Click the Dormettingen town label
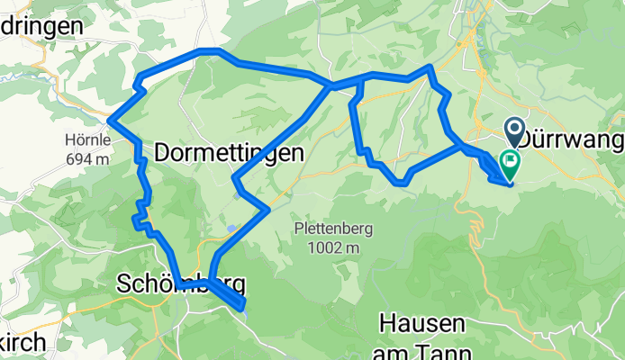[229, 154]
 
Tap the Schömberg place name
[181, 284]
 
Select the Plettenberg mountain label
[328, 229]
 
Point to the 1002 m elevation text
[329, 247]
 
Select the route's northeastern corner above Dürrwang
[430, 67]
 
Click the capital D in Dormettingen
[164, 154]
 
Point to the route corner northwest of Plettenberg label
[267, 210]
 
